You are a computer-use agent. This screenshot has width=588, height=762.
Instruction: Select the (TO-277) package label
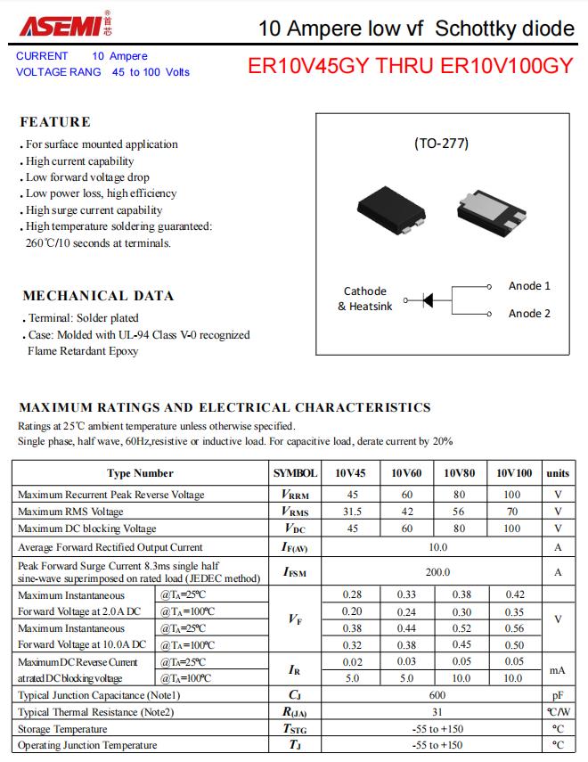pos(441,143)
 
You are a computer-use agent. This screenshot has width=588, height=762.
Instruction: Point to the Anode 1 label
pos(529,286)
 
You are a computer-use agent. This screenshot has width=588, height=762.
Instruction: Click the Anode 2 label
pos(529,314)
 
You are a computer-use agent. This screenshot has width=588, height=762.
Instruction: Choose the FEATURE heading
pos(55,122)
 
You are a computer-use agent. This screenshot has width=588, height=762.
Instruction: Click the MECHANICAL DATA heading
pos(98,296)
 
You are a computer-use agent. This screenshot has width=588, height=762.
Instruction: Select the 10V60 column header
pos(406,473)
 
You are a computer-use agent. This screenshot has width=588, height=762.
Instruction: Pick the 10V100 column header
pos(514,473)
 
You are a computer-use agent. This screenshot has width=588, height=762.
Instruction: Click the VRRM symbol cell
pos(295,495)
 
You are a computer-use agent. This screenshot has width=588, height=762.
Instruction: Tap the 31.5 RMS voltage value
pos(352,512)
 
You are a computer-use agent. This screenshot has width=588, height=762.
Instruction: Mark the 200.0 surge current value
pos(437,572)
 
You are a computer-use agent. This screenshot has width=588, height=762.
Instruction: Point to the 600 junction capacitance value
pos(437,695)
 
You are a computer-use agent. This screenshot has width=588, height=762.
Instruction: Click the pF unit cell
pos(558,695)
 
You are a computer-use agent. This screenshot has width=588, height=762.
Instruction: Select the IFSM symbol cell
pos(295,572)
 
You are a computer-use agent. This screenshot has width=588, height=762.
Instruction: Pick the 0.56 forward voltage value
pos(514,628)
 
